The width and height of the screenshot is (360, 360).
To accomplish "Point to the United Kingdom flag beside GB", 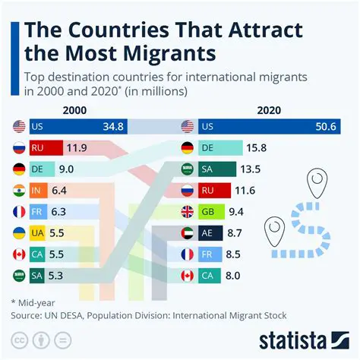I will [x=189, y=211].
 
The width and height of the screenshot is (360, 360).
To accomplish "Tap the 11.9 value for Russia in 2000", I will [x=77, y=147].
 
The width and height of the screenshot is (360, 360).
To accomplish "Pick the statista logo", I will [x=302, y=337].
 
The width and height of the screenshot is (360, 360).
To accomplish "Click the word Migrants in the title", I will [x=162, y=54].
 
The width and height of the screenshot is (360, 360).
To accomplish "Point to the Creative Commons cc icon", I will [x=21, y=339].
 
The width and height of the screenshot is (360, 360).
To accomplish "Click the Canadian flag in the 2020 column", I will [x=189, y=274].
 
